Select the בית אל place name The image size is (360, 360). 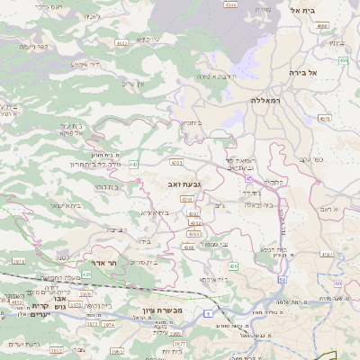point(306,9)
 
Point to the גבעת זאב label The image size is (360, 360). point(184,183)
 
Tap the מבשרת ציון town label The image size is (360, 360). point(163,310)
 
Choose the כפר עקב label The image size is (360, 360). point(311,160)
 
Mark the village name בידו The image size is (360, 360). point(143,241)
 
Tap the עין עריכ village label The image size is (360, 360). point(132,85)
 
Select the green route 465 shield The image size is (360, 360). point(343,60)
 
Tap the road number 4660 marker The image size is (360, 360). point(322,26)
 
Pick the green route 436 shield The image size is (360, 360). point(233,266)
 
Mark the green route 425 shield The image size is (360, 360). point(87,273)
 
